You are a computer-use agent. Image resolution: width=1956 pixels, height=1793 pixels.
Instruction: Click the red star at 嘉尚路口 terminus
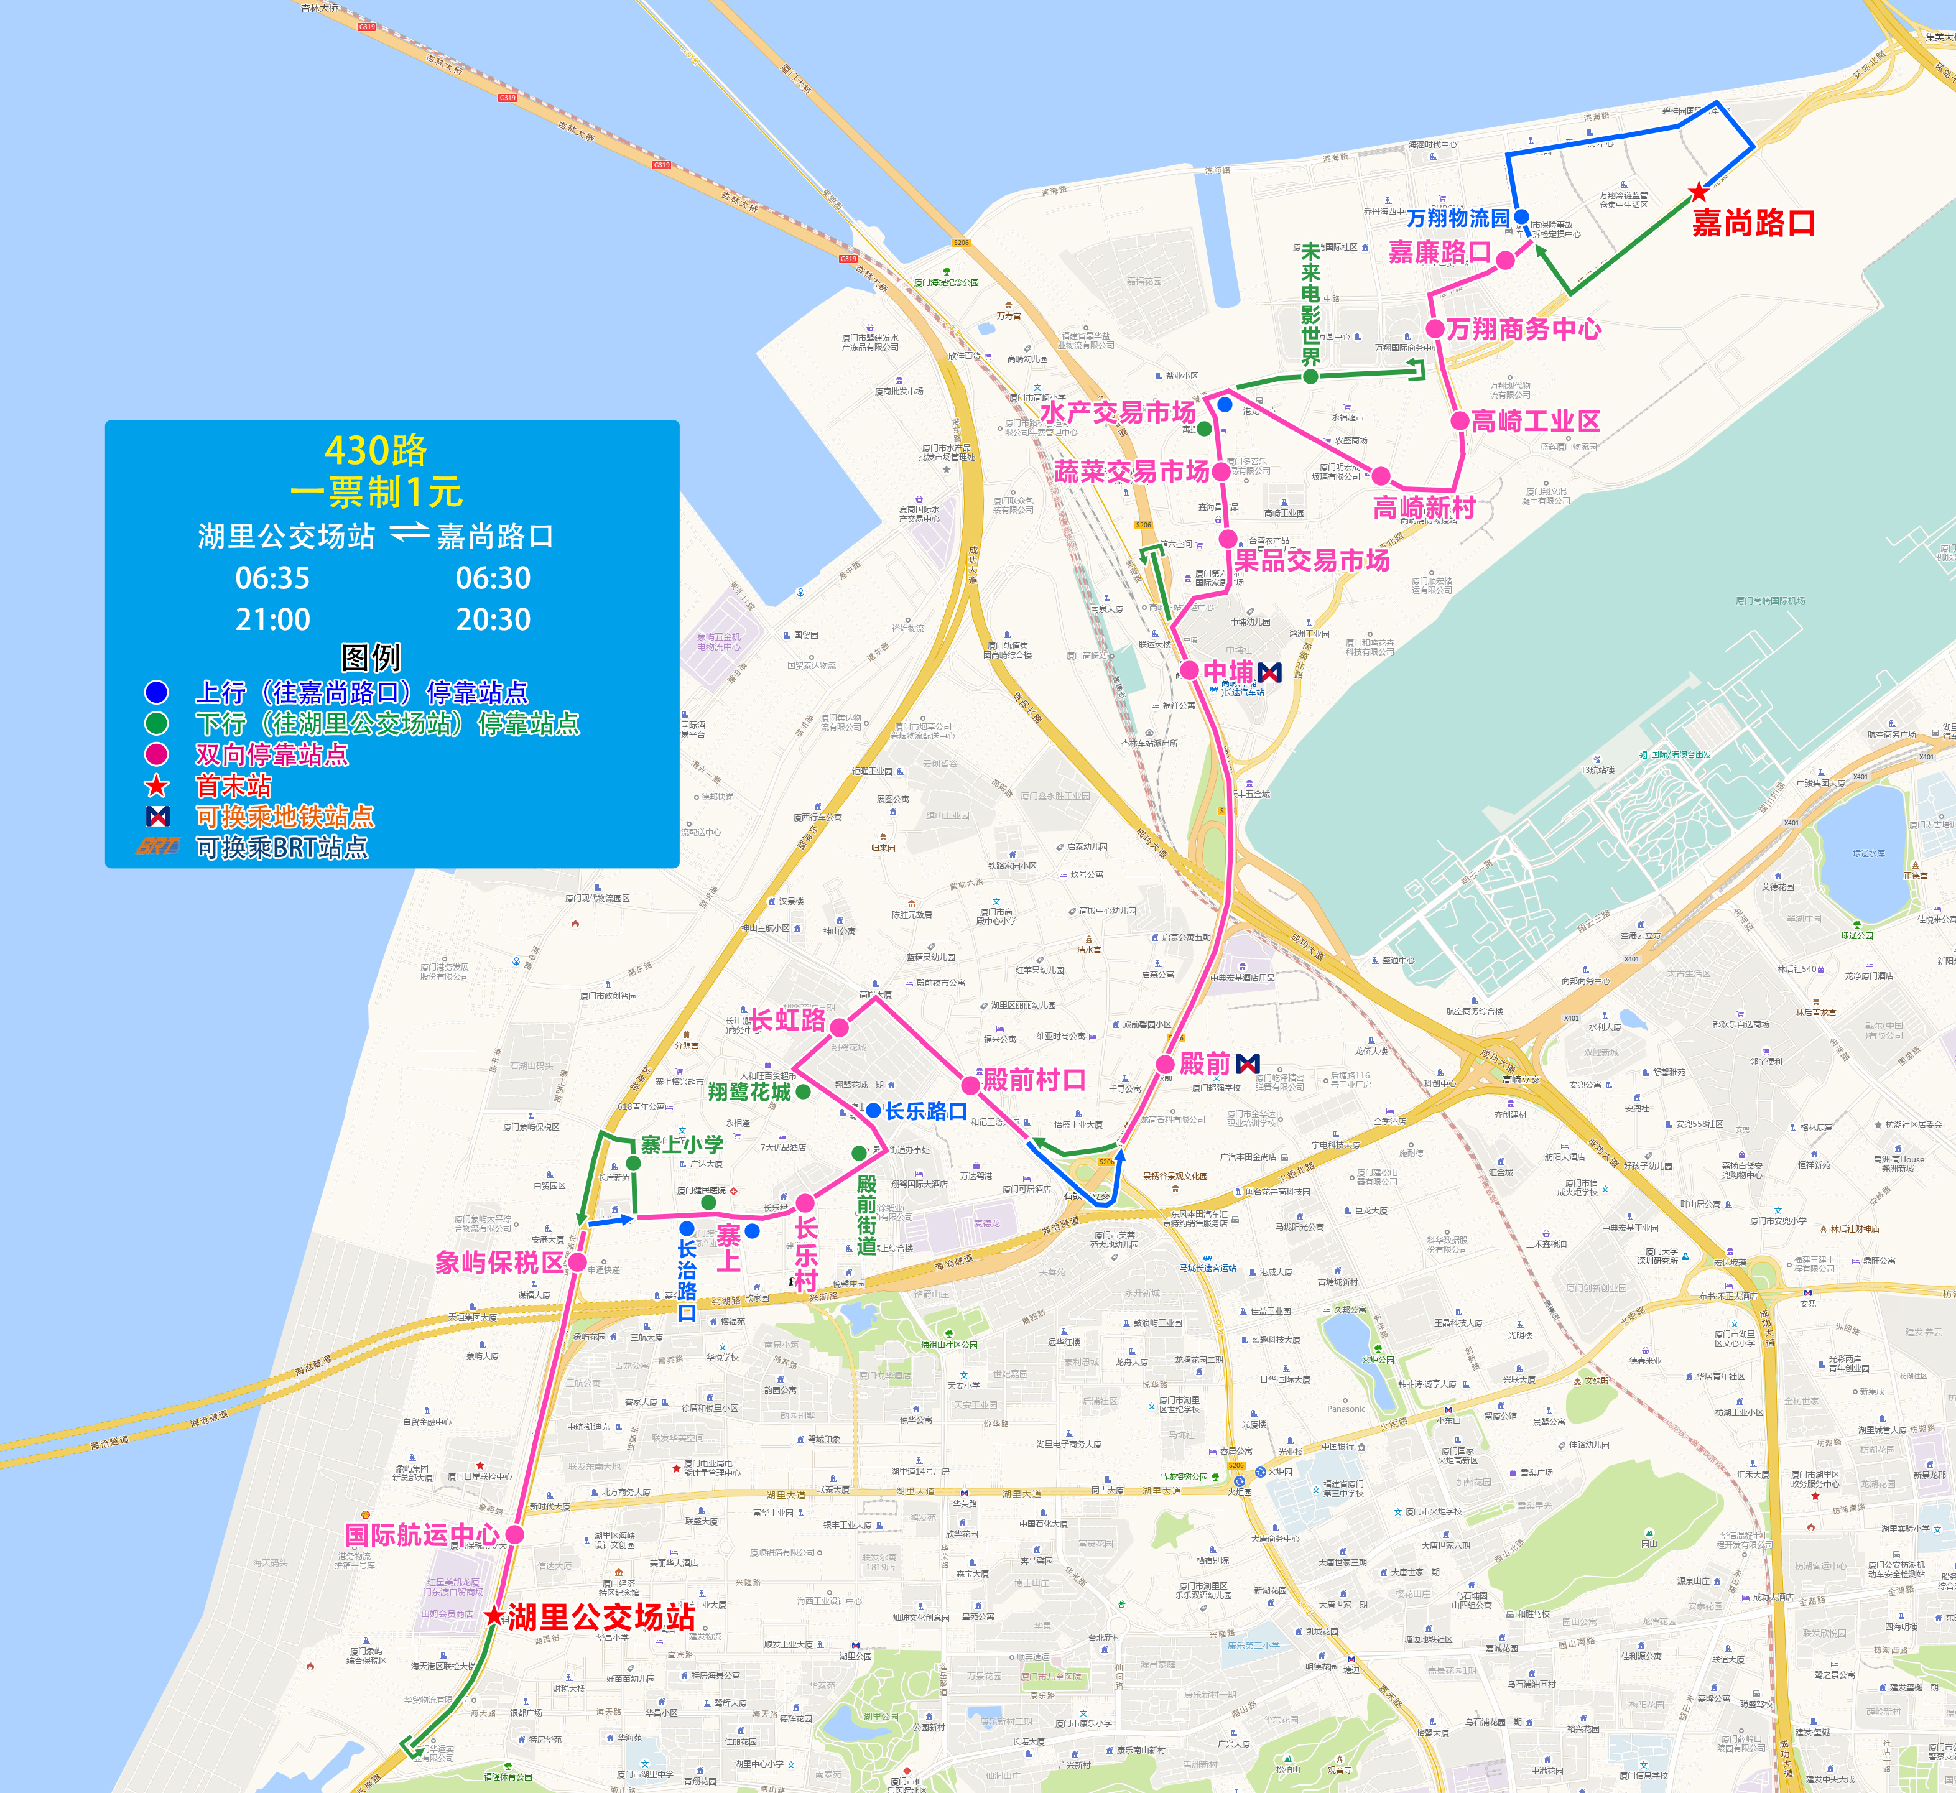[x=1698, y=192]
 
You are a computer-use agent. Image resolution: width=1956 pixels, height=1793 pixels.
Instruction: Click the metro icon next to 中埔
[x=1269, y=672]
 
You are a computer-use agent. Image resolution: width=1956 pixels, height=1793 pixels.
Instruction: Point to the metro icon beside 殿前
[x=1249, y=1063]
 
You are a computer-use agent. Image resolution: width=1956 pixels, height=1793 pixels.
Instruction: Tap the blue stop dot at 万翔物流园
[x=1521, y=216]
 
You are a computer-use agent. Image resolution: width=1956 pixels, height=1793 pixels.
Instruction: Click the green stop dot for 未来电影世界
[x=1311, y=376]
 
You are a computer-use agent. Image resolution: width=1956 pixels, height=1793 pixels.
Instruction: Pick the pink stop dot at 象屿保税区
[x=577, y=1261]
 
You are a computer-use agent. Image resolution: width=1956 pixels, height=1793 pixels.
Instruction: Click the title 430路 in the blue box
[x=376, y=450]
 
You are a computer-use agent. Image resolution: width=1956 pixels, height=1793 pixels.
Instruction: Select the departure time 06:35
[x=272, y=578]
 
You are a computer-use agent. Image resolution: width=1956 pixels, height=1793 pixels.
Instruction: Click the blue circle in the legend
[x=156, y=692]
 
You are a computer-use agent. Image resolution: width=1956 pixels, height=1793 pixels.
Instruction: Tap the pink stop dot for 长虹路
[x=839, y=1027]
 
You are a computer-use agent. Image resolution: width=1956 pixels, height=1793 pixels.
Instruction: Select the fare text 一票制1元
[x=376, y=492]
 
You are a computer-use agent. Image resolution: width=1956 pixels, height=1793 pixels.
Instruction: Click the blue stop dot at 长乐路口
[x=873, y=1110]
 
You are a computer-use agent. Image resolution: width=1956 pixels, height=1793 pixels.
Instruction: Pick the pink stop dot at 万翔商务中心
[x=1435, y=330]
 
